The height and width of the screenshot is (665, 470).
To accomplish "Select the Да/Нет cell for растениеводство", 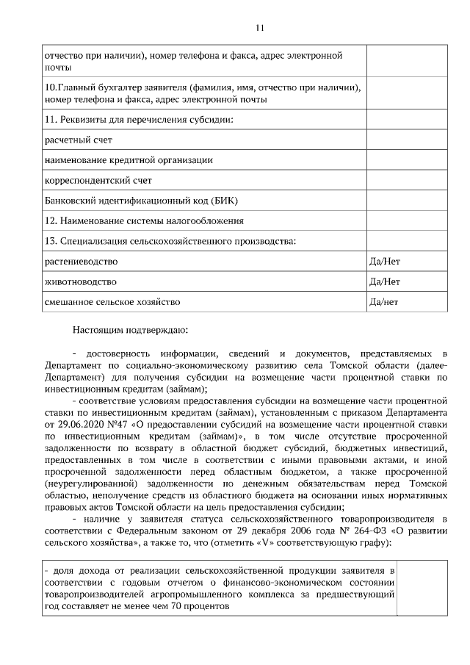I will (x=385, y=261).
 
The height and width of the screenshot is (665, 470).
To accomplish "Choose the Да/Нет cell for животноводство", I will (x=385, y=281).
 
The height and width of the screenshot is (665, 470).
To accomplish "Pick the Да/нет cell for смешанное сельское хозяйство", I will (x=384, y=302).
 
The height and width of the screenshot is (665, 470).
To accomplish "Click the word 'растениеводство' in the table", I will (x=81, y=261).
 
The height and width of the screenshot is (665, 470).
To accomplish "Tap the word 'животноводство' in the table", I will (x=80, y=281).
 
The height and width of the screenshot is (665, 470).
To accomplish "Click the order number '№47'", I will (x=117, y=424).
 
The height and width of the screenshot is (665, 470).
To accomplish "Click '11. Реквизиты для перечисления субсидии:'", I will (x=139, y=119).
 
